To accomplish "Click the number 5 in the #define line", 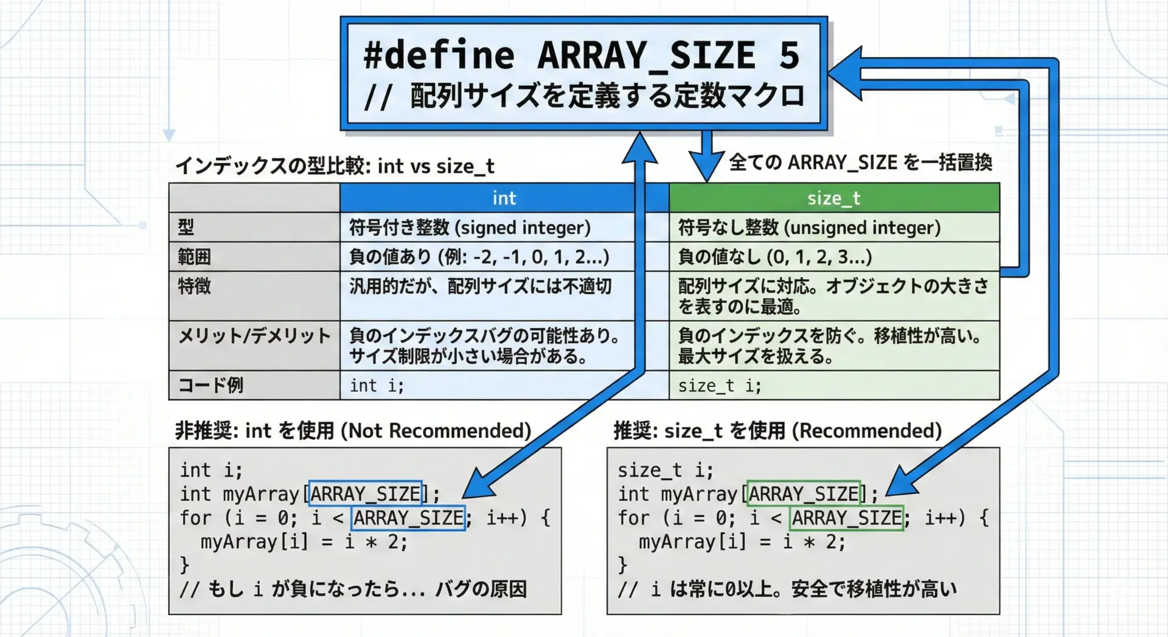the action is pos(789,55).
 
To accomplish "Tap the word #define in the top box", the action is pos(439,55).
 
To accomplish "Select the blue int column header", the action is pos(504,198).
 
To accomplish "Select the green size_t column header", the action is pos(834,198).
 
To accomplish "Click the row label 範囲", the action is pos(194,257).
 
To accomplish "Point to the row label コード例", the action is pos(210,385).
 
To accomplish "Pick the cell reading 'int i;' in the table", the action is pos(377,386).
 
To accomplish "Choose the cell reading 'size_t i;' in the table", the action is pos(720,386).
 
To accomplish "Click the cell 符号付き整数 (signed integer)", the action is pos(470,228).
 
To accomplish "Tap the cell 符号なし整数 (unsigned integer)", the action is pos(810,228).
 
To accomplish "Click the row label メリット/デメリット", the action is pos(254,335).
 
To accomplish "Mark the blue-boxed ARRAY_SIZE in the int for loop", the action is pos(408,518).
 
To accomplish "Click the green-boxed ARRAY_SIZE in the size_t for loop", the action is pos(847,518).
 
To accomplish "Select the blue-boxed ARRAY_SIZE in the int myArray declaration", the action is pos(365,493).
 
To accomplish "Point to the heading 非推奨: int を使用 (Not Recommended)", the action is pos(353,431).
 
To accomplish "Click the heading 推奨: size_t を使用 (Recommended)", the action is pos(777,431).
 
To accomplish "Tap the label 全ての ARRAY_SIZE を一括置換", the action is pos(860,162).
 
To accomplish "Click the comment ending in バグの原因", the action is pos(353,589).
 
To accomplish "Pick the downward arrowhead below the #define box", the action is pos(706,165).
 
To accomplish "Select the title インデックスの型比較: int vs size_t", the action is pos(335,165).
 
